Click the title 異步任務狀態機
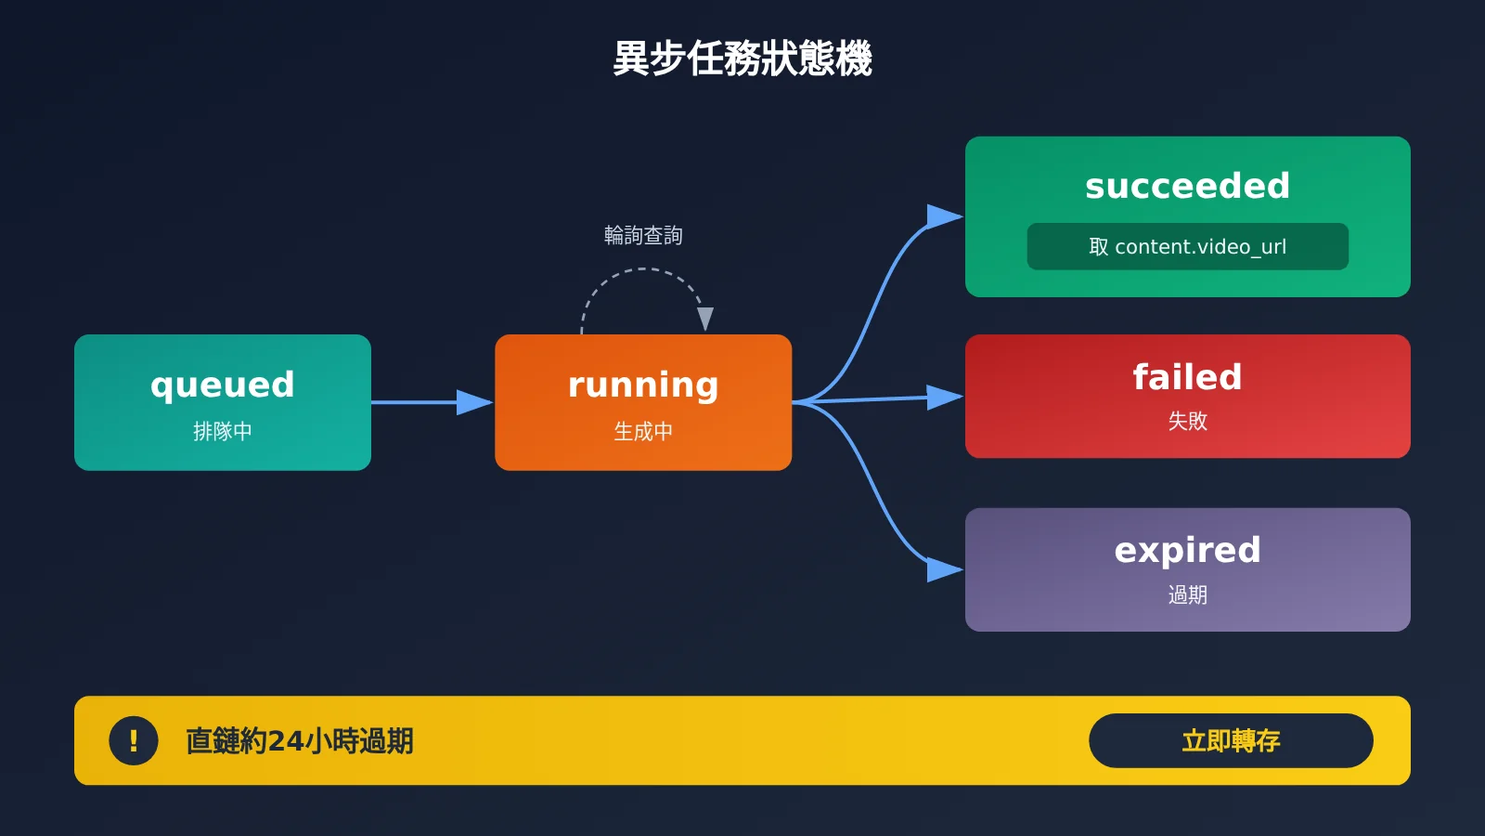point(742,59)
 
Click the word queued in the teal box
point(223,385)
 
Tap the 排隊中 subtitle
point(223,431)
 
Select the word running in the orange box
point(643,385)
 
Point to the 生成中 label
point(643,431)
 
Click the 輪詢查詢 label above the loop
point(643,235)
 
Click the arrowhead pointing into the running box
point(474,402)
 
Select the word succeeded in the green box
point(1187,186)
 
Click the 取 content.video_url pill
point(1187,247)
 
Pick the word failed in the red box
point(1187,377)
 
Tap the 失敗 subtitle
point(1187,421)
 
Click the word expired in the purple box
point(1187,551)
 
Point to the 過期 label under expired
point(1187,594)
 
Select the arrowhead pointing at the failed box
point(945,397)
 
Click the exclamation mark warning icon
point(134,740)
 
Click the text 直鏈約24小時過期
point(300,741)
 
